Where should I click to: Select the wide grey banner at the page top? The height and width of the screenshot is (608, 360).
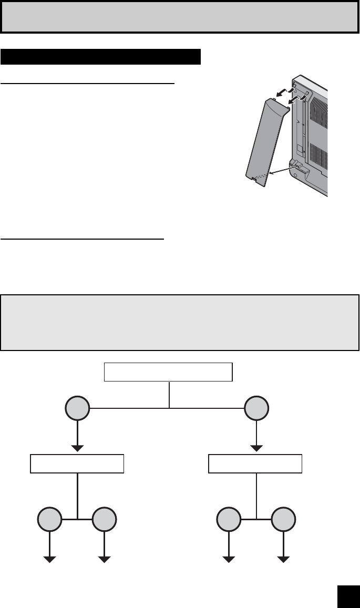click(x=180, y=16)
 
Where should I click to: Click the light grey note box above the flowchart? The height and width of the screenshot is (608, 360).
click(x=180, y=322)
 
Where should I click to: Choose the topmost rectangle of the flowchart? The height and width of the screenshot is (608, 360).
click(x=168, y=372)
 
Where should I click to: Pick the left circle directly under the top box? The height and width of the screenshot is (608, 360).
click(x=78, y=408)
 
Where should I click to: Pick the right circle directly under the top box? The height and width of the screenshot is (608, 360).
click(x=256, y=408)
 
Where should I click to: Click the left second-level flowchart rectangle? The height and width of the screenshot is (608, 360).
click(x=77, y=464)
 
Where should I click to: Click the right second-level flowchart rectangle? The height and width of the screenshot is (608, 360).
click(x=255, y=464)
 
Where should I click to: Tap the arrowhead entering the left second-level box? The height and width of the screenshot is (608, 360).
click(x=78, y=448)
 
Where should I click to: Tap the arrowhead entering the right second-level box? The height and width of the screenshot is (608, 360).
click(x=256, y=448)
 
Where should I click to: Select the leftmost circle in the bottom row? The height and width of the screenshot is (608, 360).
click(x=50, y=520)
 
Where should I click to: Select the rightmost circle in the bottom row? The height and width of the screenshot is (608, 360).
click(x=284, y=520)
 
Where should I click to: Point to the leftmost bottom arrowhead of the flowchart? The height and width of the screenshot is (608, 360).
click(x=50, y=559)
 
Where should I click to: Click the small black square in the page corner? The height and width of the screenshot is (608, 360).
click(x=347, y=595)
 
